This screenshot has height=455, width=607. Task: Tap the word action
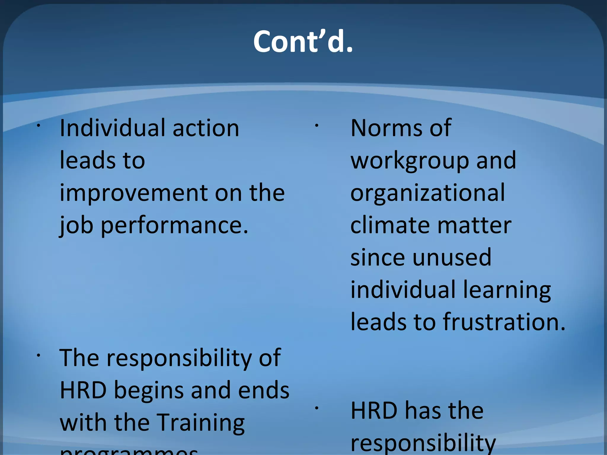pyautogui.click(x=206, y=128)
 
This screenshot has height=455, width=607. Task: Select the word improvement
pyautogui.click(x=134, y=193)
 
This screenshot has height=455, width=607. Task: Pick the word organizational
pyautogui.click(x=428, y=193)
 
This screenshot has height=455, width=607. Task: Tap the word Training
pyautogui.click(x=200, y=423)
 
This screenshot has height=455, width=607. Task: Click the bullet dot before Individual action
pyautogui.click(x=38, y=126)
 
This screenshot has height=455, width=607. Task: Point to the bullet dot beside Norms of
pyautogui.click(x=317, y=126)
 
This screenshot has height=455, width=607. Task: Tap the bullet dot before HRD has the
pyautogui.click(x=317, y=408)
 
